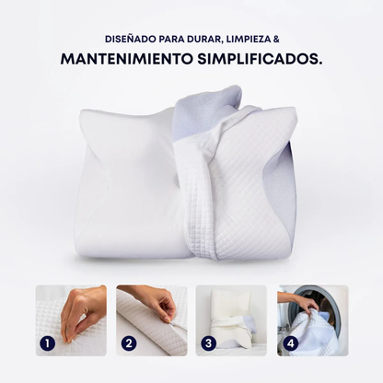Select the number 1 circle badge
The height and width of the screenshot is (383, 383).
click(x=47, y=343)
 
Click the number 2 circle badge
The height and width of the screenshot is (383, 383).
click(x=127, y=343)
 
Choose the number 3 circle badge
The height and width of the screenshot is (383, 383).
click(x=207, y=343)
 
